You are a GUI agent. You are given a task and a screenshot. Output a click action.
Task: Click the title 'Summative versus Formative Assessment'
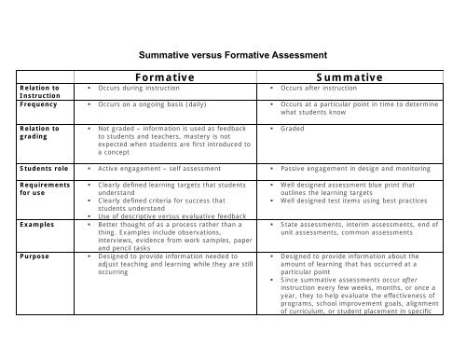pos(232,55)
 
